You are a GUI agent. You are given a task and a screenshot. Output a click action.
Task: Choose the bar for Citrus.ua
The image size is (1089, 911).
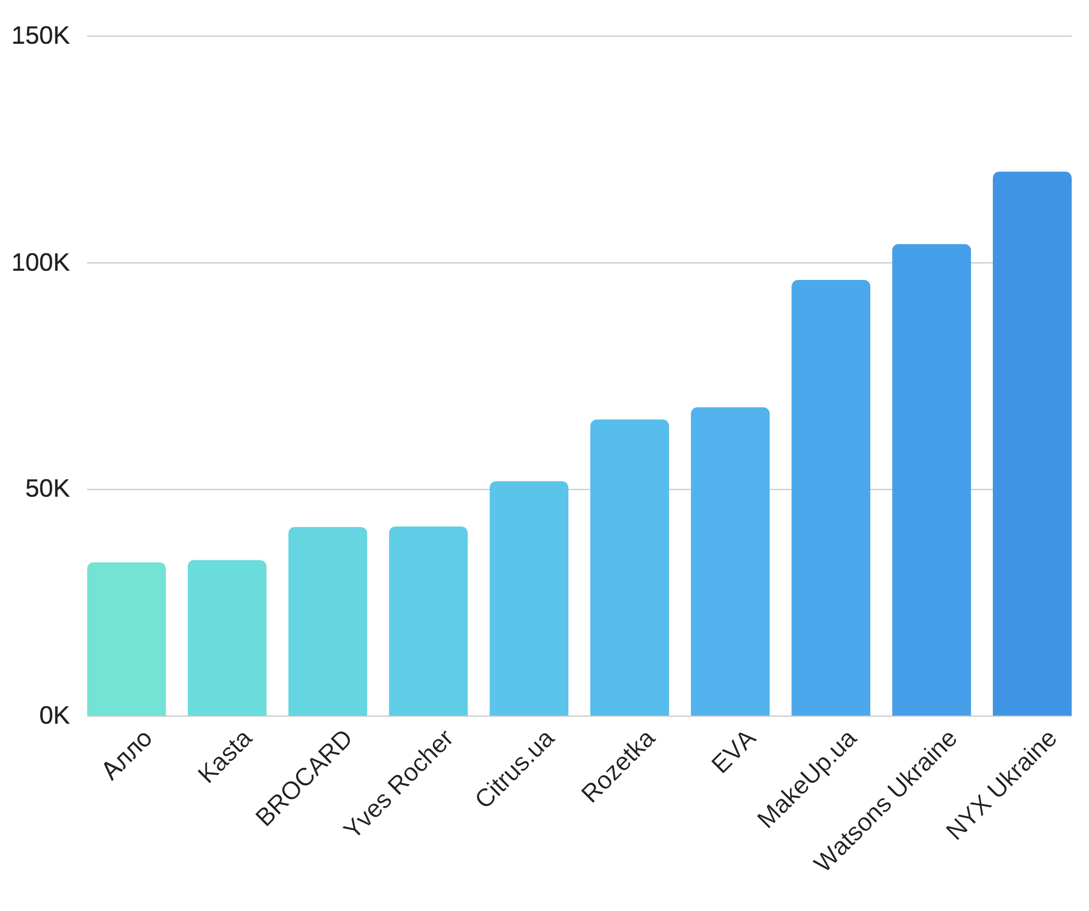coord(529,599)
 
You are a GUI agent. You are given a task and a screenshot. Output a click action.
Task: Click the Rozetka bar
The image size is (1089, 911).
coord(629,568)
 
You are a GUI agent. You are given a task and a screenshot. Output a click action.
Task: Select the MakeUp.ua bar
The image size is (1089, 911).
coord(831,498)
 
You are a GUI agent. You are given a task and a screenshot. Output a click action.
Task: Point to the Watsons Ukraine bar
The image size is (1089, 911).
coord(931,479)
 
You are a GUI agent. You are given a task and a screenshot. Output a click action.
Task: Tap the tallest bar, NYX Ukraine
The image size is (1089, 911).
coord(1032,443)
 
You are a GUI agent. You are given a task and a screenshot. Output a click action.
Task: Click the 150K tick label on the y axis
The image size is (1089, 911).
coord(40,36)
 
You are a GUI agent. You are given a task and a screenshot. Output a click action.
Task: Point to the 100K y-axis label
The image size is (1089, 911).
coord(40,263)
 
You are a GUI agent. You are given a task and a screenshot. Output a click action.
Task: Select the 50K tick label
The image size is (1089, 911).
coord(47,489)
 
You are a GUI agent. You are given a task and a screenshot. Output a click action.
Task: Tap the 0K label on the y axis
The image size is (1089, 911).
coord(54,716)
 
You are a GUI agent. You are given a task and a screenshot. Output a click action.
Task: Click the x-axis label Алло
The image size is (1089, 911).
coord(128,755)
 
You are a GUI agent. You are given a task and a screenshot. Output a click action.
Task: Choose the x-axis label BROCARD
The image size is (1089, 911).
coord(304,778)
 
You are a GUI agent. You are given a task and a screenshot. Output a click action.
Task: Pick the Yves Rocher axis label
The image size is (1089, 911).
coord(398,783)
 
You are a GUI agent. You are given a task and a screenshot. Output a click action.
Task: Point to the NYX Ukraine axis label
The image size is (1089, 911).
coord(1001,785)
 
